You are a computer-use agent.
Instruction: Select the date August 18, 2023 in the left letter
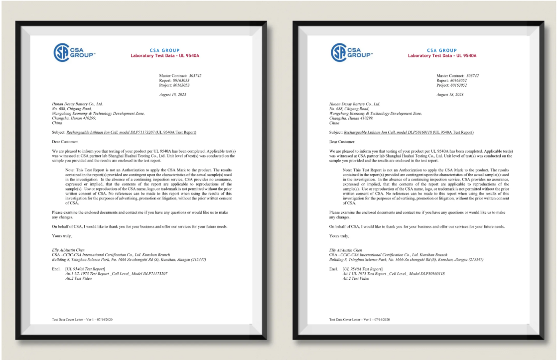click(x=172, y=94)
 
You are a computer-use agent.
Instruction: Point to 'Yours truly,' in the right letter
click(x=339, y=236)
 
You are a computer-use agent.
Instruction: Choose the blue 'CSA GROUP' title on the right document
click(x=442, y=50)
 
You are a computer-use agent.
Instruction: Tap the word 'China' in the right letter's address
click(x=334, y=122)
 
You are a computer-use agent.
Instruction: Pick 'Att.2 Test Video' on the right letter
click(x=356, y=278)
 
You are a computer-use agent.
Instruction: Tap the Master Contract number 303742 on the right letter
click(x=470, y=76)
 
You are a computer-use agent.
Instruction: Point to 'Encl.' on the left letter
click(x=56, y=269)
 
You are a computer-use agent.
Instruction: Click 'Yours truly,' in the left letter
click(x=62, y=236)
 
